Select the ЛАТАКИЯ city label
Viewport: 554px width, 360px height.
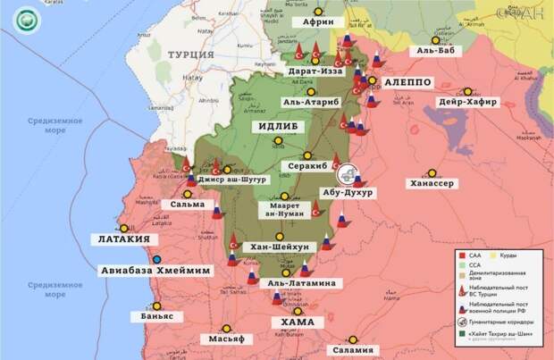124,240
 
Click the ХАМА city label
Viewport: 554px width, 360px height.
298,322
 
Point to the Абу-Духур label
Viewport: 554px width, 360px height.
348,192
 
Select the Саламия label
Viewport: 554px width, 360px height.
353,350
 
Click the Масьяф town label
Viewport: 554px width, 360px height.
226,339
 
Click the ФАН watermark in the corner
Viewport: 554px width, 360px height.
530,12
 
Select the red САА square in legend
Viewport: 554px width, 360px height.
461,255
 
